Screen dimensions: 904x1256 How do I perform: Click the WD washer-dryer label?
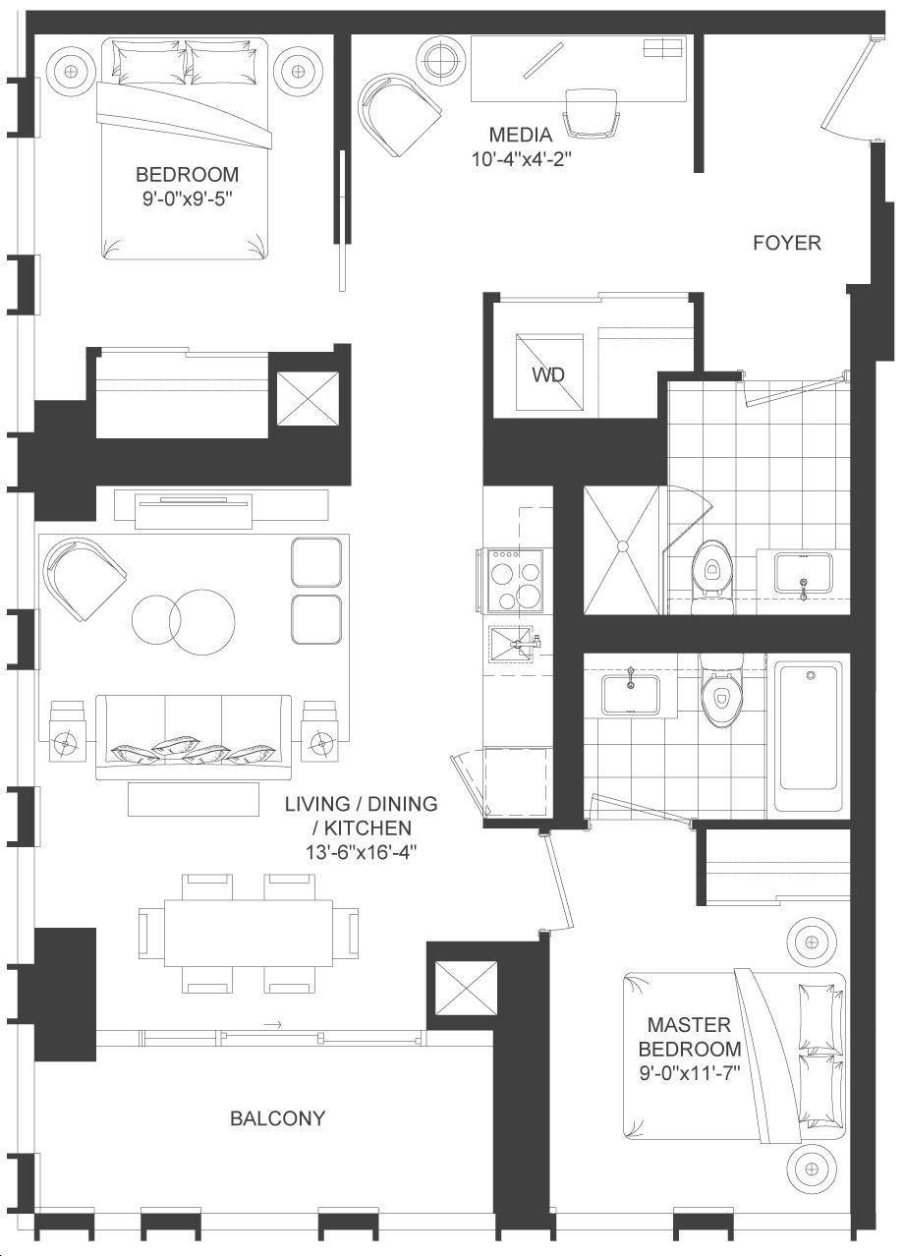pos(548,374)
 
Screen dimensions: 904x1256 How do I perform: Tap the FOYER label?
pos(787,243)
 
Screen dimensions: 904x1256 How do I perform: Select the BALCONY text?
pos(277,1118)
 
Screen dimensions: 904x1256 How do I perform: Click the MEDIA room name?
pos(521,135)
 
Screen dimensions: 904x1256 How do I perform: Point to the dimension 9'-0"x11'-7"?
pos(690,1073)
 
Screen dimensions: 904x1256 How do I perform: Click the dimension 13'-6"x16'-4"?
pos(362,853)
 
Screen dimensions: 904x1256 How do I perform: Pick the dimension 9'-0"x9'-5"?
pos(188,199)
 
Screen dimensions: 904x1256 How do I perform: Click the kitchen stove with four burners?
pos(516,581)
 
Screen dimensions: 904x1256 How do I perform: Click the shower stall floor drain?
pos(622,544)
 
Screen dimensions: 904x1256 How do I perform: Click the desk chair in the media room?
pos(592,112)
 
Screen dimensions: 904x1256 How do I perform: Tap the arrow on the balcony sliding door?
pos(272,1025)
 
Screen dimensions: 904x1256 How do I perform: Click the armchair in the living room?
pos(85,579)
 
